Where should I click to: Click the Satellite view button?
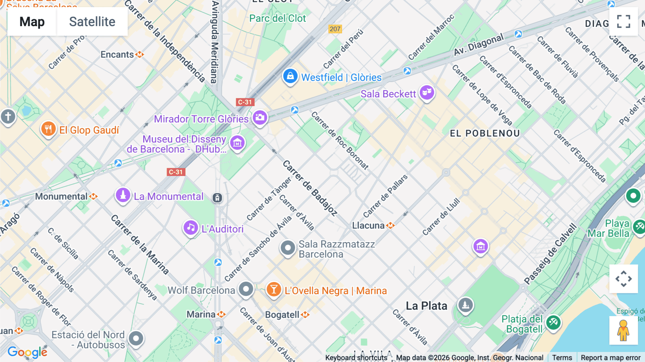click(x=92, y=22)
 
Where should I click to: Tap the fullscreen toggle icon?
click(x=623, y=22)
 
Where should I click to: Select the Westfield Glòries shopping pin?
click(x=290, y=76)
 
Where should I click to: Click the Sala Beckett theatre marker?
click(x=427, y=92)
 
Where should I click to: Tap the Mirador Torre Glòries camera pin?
click(x=260, y=118)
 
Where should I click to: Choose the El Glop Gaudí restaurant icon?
click(x=48, y=129)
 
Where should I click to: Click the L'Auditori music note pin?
click(x=191, y=228)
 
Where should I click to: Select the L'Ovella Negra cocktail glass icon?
click(x=274, y=290)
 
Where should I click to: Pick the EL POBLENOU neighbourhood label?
click(x=484, y=133)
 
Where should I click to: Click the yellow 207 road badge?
click(x=335, y=29)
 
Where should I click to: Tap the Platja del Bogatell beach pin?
click(x=553, y=322)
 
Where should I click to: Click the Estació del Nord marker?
click(x=136, y=338)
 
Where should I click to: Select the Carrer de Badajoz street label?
click(x=310, y=188)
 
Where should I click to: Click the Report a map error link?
click(x=610, y=357)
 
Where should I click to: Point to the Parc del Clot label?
click(x=277, y=18)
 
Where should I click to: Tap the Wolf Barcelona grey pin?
click(x=246, y=289)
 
